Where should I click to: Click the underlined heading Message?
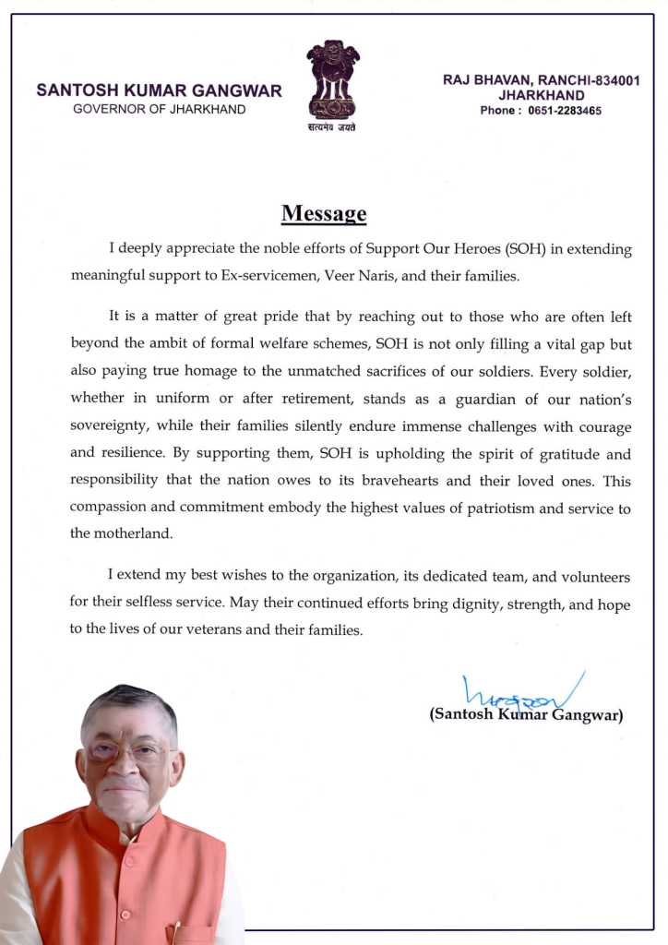coord(324,214)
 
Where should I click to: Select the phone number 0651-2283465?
coord(564,111)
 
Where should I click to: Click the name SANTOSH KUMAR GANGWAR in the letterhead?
coord(159,91)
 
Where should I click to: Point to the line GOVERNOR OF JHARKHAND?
coord(159,109)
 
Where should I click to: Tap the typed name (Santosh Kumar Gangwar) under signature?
coord(525,715)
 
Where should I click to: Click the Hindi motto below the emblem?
coord(332,127)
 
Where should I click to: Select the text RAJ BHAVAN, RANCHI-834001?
coord(541,81)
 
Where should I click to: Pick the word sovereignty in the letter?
coord(110,427)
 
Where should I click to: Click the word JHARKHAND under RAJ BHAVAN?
coord(541,95)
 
